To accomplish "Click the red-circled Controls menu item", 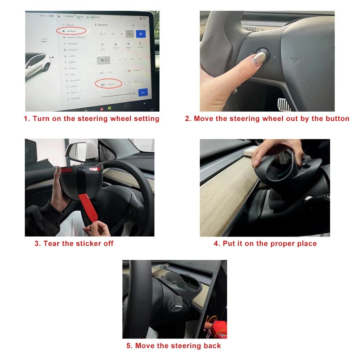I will [71, 31].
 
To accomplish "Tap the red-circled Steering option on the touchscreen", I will [108, 84].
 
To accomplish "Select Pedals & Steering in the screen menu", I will [76, 37].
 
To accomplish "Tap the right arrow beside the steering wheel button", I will [275, 57].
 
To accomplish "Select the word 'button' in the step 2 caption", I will [336, 119].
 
